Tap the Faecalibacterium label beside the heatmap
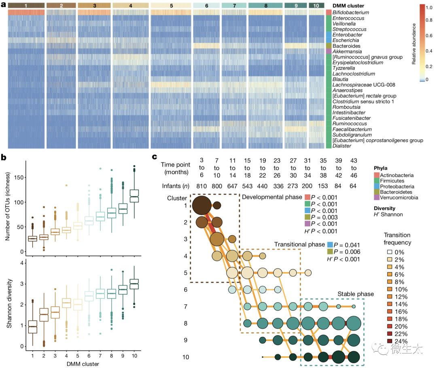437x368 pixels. [350, 129]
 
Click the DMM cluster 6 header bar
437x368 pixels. [206, 6]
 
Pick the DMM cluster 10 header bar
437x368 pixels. [316, 6]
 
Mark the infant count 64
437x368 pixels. [353, 186]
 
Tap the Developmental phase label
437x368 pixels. [272, 197]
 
